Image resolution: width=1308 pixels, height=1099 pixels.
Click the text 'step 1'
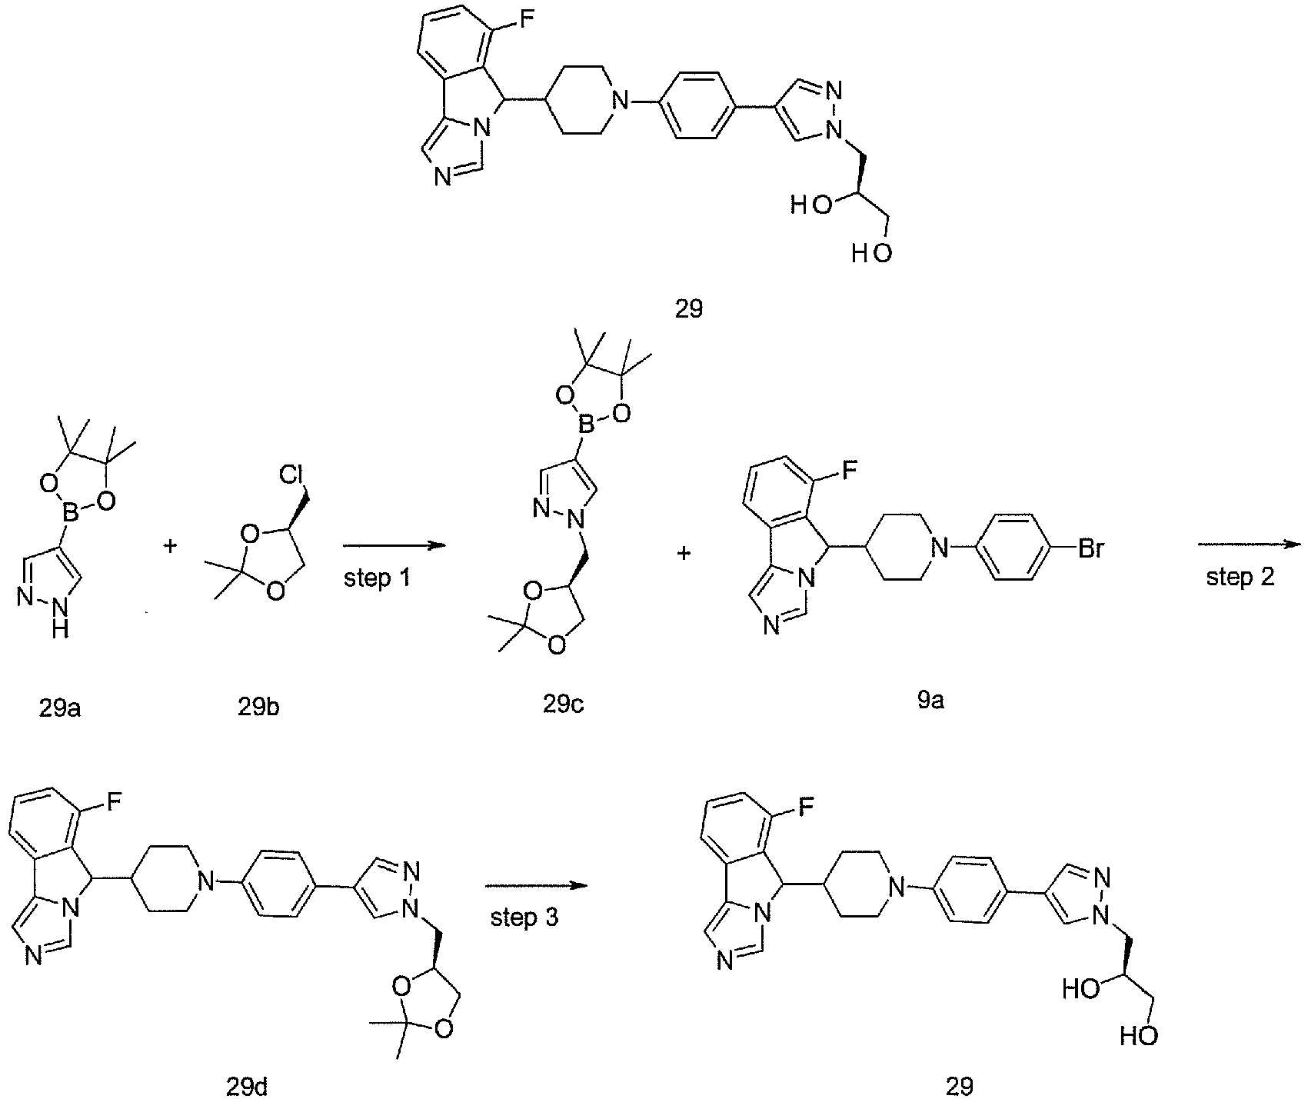(377, 578)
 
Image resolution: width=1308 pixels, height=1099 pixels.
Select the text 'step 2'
(1240, 578)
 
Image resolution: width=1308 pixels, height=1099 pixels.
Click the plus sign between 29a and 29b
(170, 547)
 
